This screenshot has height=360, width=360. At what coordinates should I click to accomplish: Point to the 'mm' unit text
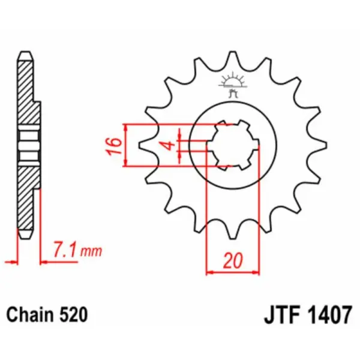pyautogui.click(x=92, y=251)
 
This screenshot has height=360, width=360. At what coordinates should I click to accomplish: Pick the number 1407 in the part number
pyautogui.click(x=328, y=314)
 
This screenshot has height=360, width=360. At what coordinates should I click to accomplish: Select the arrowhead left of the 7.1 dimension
pyautogui.click(x=13, y=262)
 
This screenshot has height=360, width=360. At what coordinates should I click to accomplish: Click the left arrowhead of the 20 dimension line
pyautogui.click(x=210, y=272)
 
